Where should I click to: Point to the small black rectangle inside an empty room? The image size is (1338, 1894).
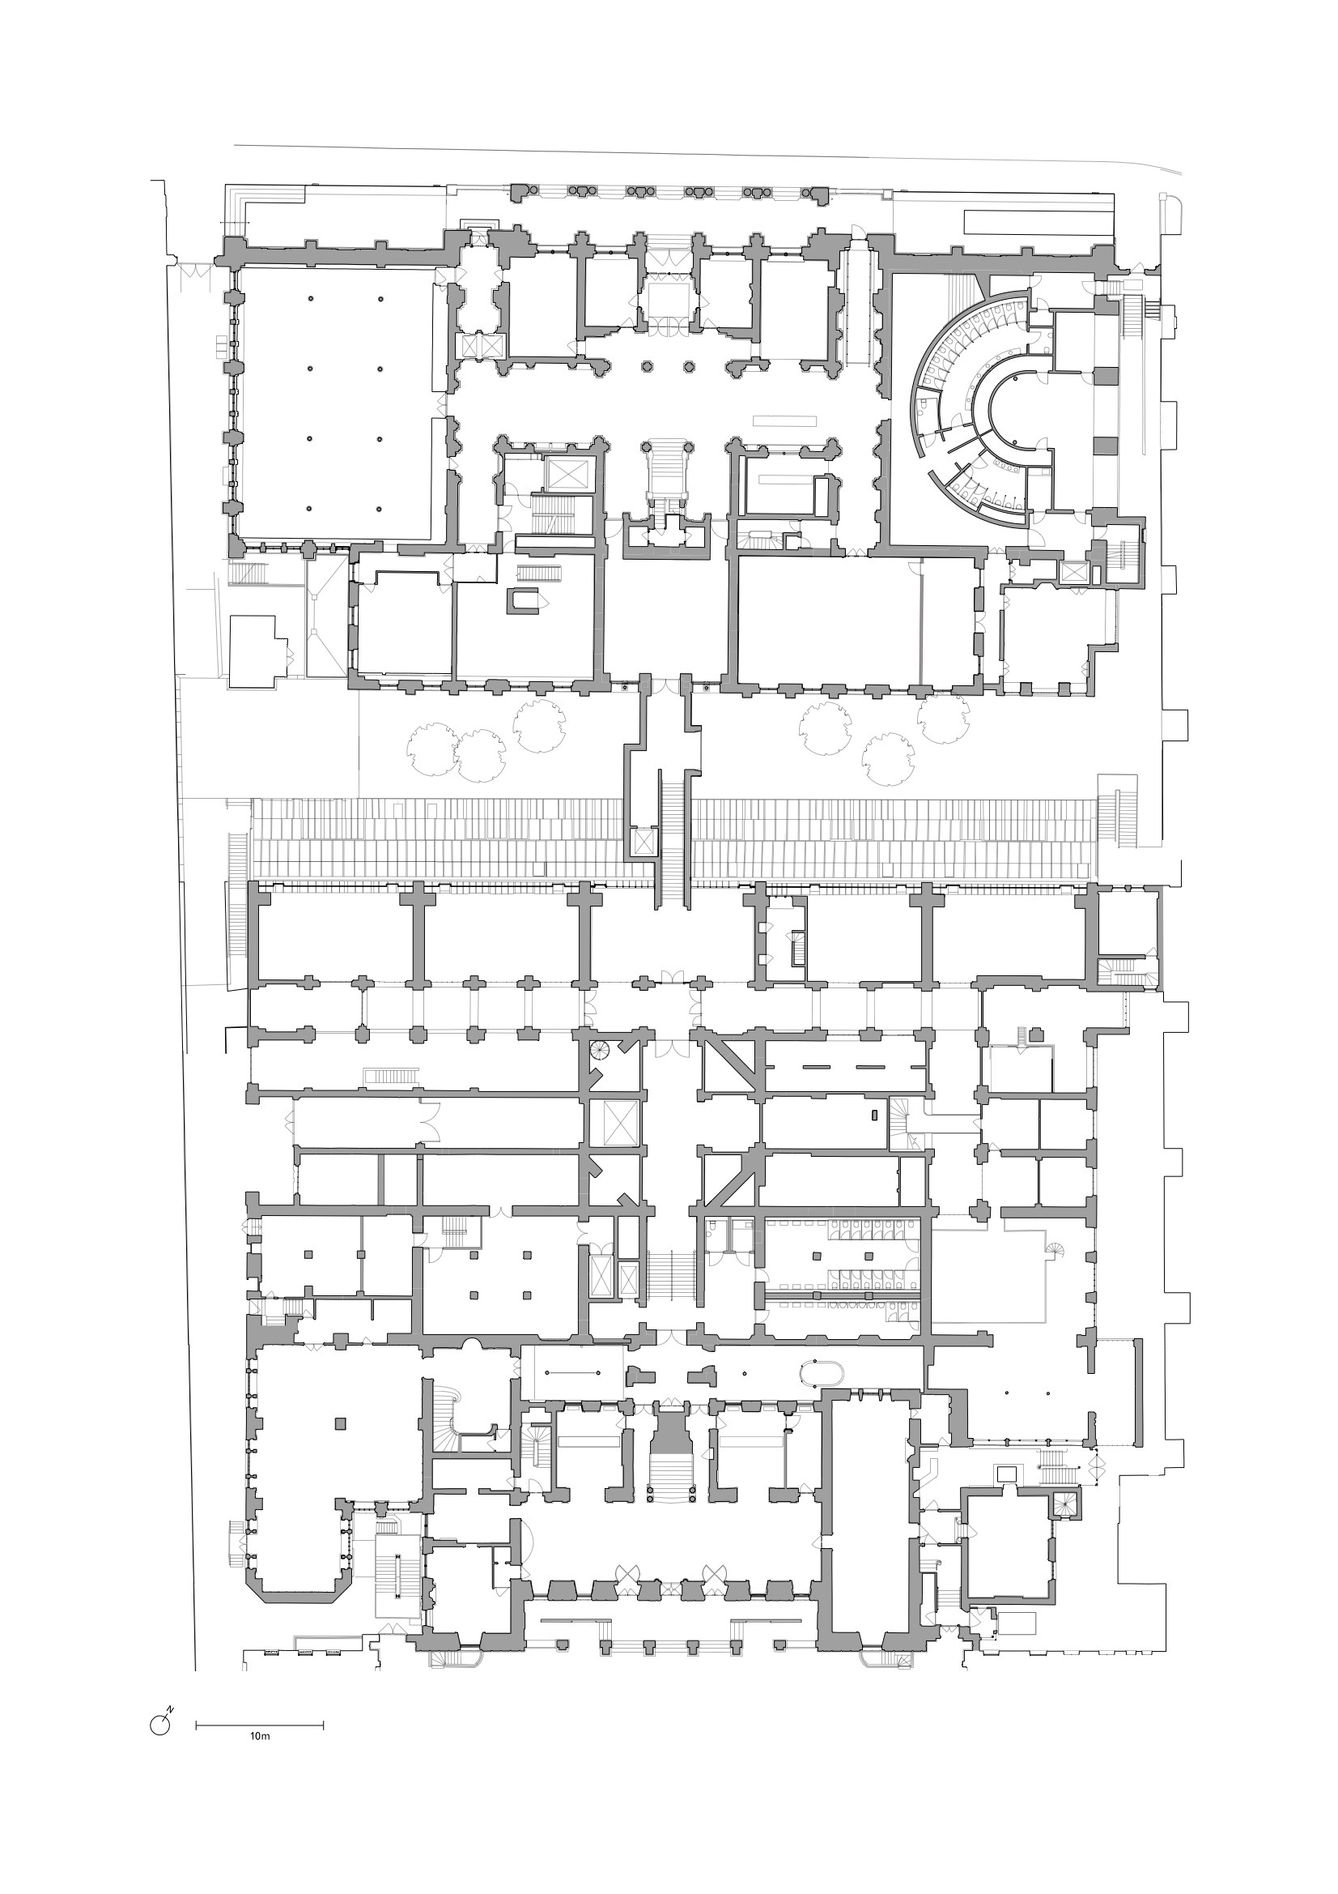pyautogui.click(x=874, y=1115)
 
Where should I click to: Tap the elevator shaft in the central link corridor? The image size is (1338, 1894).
pyautogui.click(x=642, y=842)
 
